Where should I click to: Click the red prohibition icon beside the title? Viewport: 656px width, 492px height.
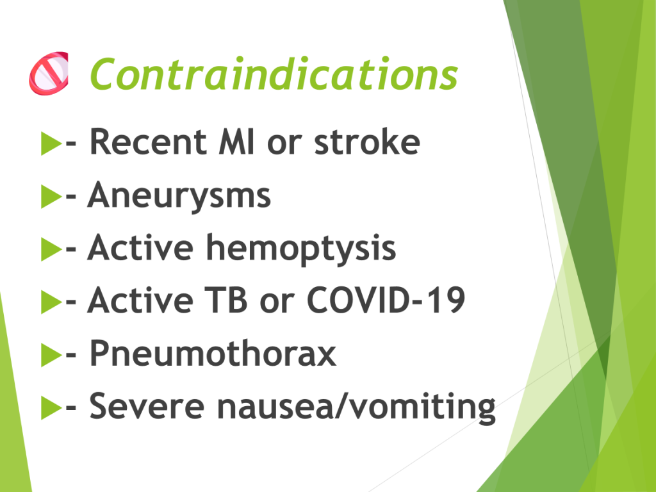coord(49,73)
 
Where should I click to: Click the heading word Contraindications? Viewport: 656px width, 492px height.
coord(274,74)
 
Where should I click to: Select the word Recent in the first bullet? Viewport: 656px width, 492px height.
coord(148,142)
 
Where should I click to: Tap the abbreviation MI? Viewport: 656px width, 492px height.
coord(236,142)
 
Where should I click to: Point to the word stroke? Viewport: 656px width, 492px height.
coord(367,142)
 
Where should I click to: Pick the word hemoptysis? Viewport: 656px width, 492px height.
coord(301,249)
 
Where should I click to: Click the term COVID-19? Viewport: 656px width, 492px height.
coord(386,300)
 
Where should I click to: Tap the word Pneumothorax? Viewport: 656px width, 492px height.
coord(213,354)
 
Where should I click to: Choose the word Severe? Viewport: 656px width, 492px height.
coord(147,406)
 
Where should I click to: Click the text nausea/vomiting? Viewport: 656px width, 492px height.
coord(356,407)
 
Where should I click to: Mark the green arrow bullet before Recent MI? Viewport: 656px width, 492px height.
coord(51,143)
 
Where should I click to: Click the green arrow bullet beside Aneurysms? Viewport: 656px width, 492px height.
coord(51,196)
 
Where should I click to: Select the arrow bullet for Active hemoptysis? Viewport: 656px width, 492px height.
coord(51,249)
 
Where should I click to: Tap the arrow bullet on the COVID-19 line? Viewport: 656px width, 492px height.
coord(51,302)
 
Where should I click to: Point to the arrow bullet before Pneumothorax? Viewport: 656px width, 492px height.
coord(51,355)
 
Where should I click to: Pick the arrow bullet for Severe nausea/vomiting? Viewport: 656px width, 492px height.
coord(51,407)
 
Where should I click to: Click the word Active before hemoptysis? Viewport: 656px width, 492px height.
coord(140,248)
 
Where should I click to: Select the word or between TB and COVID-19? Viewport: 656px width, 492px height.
coord(277,303)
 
